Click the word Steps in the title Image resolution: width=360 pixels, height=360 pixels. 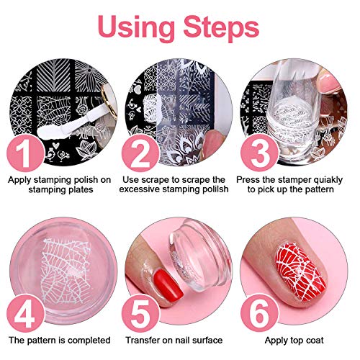pyautogui.click(x=220, y=28)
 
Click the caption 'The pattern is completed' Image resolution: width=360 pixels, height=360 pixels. pyautogui.click(x=60, y=340)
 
